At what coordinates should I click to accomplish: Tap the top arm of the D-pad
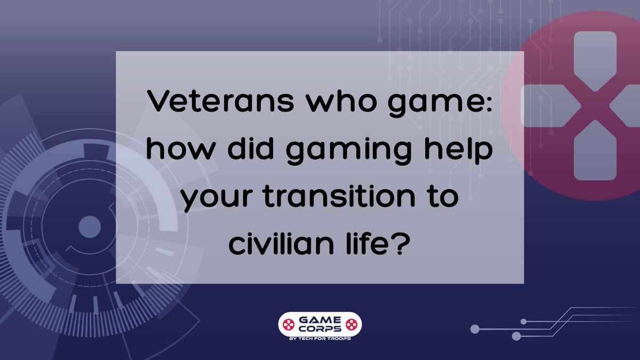[594, 53]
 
